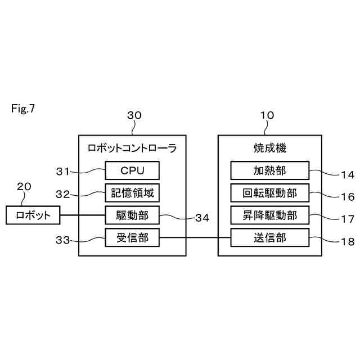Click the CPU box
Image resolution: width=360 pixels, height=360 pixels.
[132, 170]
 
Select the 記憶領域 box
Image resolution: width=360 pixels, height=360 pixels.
[132, 193]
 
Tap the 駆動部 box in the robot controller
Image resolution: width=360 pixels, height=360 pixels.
[132, 215]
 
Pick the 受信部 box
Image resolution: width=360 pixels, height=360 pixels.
[132, 238]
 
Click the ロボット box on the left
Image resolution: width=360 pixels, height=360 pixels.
[33, 215]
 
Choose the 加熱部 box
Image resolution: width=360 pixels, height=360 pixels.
[269, 170]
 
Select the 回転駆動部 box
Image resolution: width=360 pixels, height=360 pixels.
[269, 193]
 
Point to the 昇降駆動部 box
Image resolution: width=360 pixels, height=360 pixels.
[269, 215]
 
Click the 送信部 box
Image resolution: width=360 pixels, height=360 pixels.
[269, 238]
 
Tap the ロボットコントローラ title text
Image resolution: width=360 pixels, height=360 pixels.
[132, 148]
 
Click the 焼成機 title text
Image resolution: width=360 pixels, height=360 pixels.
[269, 148]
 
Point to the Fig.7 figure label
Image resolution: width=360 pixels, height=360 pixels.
[22, 109]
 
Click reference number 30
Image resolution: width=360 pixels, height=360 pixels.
[134, 115]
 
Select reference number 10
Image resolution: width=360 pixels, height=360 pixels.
[267, 115]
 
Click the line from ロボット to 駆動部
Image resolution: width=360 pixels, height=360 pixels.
[82, 215]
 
